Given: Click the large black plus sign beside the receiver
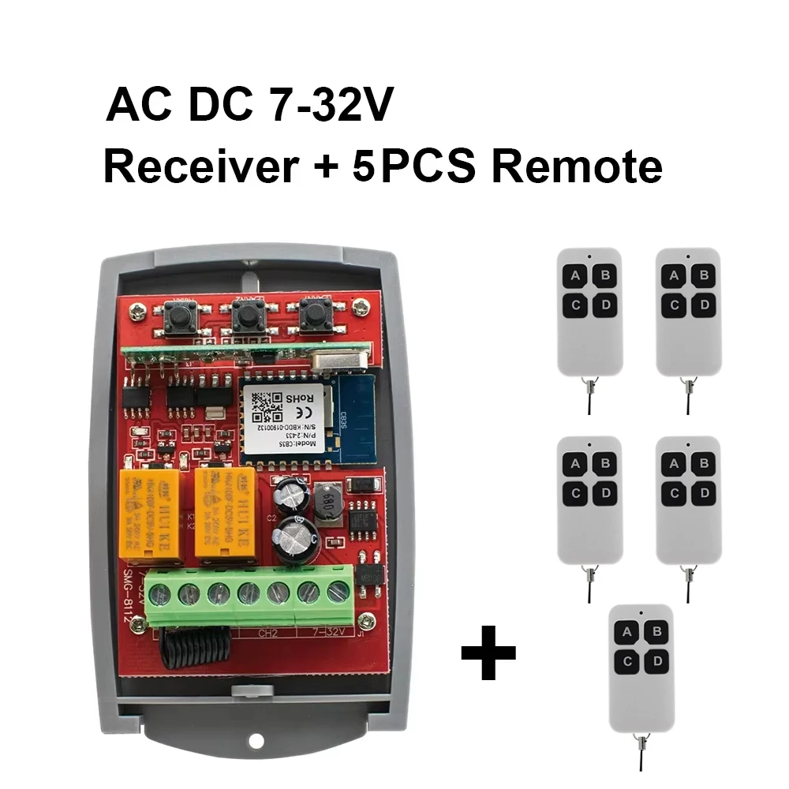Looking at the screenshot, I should [x=488, y=652].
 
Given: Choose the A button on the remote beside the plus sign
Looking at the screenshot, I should [x=627, y=631].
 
